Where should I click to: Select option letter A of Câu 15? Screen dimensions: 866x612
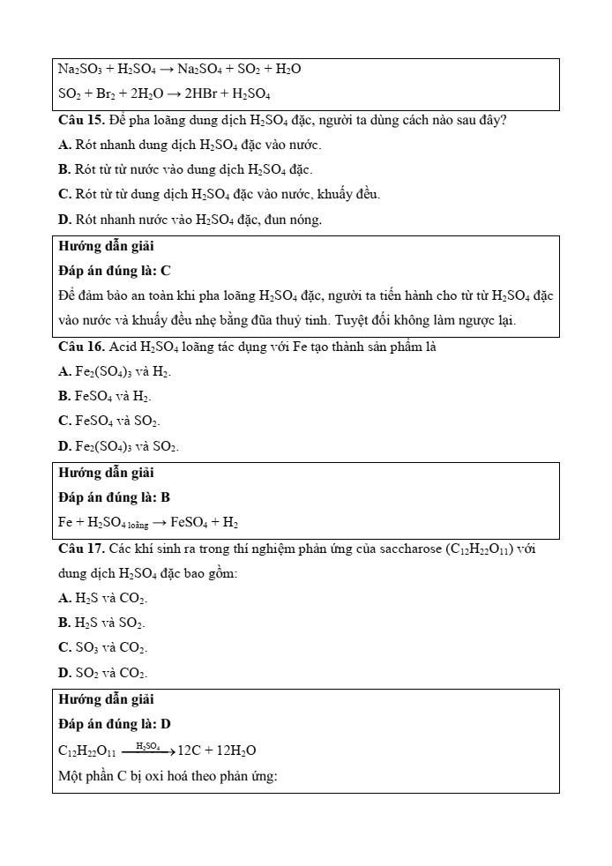point(63,145)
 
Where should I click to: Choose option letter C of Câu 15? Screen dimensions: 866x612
point(63,194)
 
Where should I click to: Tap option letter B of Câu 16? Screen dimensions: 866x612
point(63,397)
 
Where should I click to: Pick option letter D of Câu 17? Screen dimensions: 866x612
point(63,673)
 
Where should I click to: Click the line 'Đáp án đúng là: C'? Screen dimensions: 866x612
point(114,271)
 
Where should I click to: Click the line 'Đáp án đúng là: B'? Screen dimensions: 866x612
point(114,497)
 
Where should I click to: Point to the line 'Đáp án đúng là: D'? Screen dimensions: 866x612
point(114,724)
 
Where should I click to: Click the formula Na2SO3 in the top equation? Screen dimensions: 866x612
point(78,69)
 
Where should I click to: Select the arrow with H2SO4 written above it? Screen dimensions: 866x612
point(147,750)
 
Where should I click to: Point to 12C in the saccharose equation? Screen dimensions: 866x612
point(188,750)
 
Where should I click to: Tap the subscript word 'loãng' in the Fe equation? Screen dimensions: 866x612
point(137,525)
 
